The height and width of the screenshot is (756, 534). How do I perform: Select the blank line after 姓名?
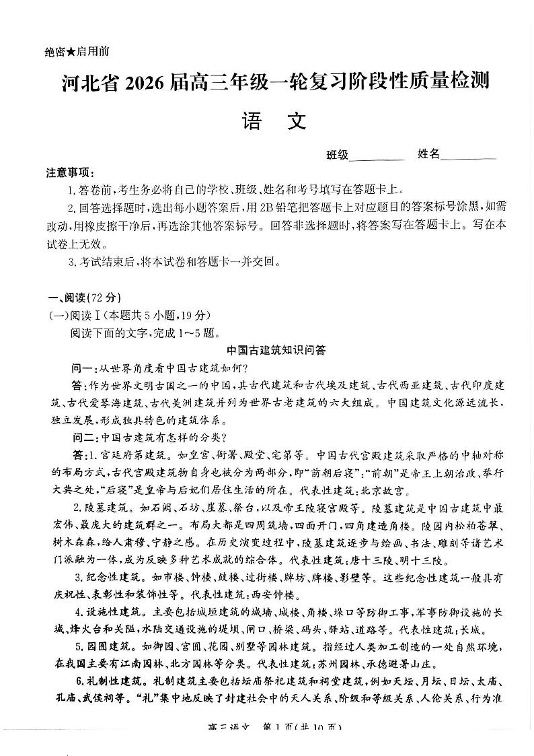coord(469,156)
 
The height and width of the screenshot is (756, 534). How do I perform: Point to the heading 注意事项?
coord(70,173)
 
